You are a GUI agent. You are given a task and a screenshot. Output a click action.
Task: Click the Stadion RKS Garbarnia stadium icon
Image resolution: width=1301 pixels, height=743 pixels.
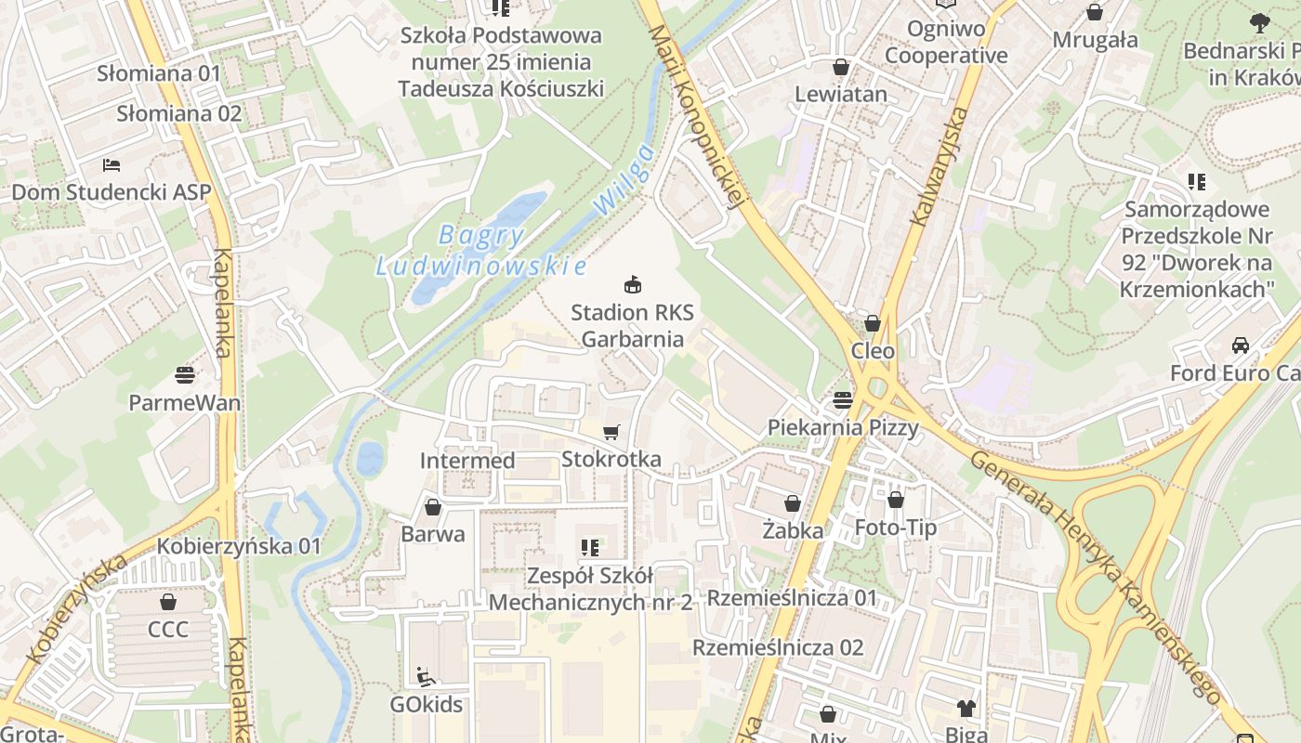[x=633, y=283]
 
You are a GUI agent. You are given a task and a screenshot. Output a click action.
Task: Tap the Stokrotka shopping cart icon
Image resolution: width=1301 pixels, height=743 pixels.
[x=611, y=432]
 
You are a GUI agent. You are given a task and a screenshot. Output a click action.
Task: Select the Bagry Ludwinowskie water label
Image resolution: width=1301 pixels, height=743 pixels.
[x=481, y=251]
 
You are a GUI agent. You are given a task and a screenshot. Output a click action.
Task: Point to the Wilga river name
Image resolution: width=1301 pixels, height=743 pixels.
[x=625, y=180]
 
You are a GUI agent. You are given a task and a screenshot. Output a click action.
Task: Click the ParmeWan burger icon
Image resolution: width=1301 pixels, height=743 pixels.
[x=185, y=375]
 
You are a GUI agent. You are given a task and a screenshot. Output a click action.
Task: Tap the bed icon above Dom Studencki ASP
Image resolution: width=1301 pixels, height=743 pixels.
[x=112, y=164]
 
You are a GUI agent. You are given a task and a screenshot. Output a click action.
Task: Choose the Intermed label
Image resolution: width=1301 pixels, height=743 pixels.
[x=467, y=461]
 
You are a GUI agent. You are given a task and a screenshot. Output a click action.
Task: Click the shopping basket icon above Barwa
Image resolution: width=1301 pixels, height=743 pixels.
[x=432, y=507]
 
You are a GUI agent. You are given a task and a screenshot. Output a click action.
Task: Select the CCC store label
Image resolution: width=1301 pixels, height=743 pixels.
[x=168, y=630]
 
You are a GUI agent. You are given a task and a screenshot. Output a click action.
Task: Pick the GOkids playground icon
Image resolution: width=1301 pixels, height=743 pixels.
[x=426, y=676]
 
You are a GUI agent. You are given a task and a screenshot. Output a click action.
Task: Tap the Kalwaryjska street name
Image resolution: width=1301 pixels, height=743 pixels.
[x=940, y=168]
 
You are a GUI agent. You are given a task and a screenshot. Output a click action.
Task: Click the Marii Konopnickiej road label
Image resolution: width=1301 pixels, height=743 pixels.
[x=697, y=116]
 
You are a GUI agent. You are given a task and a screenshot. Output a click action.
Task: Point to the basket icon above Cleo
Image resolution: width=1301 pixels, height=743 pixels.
[x=872, y=323]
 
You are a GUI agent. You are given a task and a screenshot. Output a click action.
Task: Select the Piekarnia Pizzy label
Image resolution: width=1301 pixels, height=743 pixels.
[x=843, y=427]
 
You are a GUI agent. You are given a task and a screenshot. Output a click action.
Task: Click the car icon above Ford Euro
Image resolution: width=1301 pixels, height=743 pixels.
[x=1240, y=345]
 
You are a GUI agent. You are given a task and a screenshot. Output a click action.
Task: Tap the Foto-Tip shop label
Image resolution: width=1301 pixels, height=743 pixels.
[x=896, y=528]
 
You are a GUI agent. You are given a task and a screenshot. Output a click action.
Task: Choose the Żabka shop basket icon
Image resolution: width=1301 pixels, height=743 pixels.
[x=793, y=503]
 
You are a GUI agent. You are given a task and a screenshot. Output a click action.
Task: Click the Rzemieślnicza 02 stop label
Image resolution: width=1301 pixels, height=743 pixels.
[x=778, y=647]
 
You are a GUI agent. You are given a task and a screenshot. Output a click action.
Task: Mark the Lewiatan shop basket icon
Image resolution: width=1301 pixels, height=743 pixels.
[x=841, y=67]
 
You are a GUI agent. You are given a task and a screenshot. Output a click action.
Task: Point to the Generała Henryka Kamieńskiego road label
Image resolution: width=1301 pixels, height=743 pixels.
[x=1097, y=576]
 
